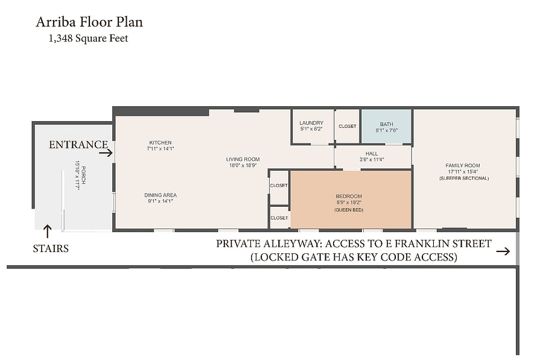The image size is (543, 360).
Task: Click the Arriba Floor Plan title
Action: (89, 22)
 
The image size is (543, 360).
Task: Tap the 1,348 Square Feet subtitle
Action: (88, 38)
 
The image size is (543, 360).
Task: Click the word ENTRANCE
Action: (78, 144)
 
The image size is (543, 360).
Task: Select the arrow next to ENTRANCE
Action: (106, 153)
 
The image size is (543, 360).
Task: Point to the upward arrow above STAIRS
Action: (47, 231)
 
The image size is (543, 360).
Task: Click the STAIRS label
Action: (51, 248)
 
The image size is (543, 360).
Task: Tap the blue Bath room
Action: (387, 127)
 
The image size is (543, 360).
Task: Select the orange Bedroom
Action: (351, 200)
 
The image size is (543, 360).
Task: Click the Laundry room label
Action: (311, 123)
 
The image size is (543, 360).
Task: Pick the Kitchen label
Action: (160, 143)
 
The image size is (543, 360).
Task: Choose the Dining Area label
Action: (160, 195)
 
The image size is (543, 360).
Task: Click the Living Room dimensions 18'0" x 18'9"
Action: (243, 165)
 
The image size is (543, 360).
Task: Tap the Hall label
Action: (372, 154)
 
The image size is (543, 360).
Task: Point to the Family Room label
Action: (463, 165)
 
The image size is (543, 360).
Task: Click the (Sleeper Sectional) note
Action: (464, 178)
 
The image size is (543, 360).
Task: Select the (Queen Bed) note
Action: (349, 210)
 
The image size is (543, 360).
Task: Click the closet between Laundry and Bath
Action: (348, 127)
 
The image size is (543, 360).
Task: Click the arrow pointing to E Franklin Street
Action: (503, 251)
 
